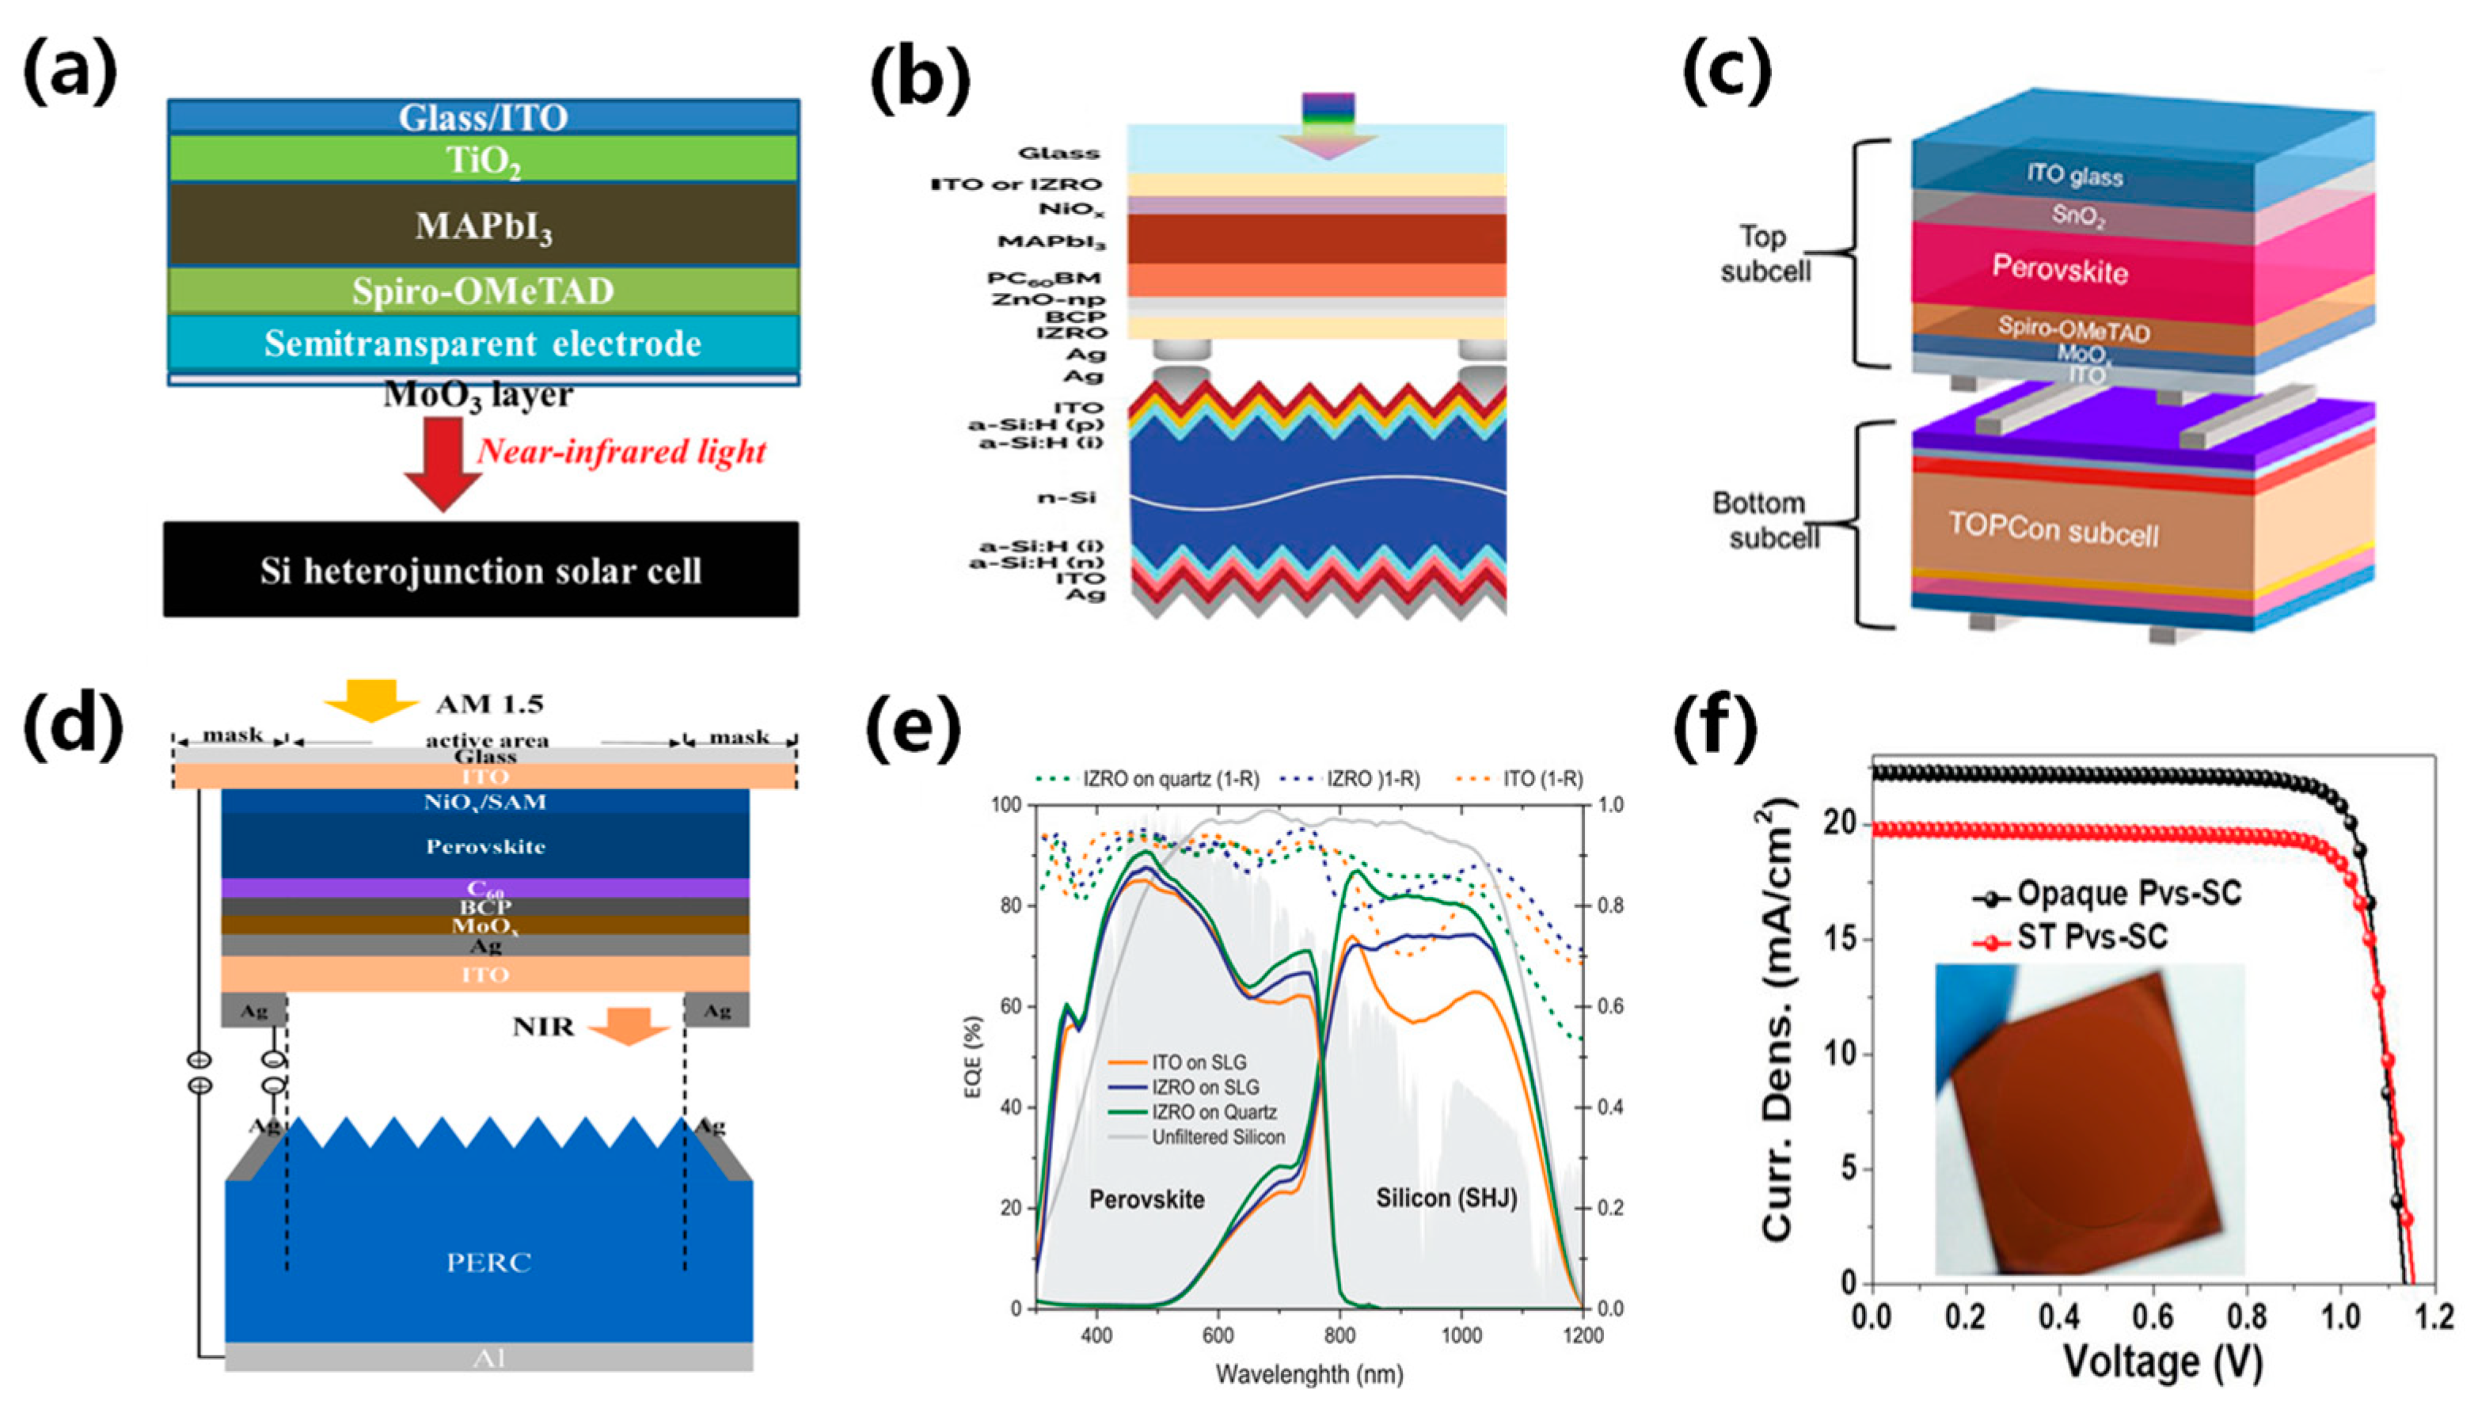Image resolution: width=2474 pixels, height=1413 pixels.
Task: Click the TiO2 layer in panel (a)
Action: pyautogui.click(x=484, y=158)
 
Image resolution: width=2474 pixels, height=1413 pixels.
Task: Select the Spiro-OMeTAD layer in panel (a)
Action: pyautogui.click(x=484, y=291)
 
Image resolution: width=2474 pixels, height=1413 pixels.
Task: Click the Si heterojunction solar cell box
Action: pyautogui.click(x=481, y=570)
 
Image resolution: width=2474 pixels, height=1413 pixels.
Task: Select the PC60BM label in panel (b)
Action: pyautogui.click(x=1044, y=279)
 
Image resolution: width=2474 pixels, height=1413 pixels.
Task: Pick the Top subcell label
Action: pyautogui.click(x=1765, y=253)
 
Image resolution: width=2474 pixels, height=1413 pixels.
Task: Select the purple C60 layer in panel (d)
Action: pyautogui.click(x=485, y=888)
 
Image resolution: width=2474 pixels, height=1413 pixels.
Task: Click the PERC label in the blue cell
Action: pyautogui.click(x=488, y=1263)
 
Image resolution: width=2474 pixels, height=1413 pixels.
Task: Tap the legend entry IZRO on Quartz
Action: pyautogui.click(x=1213, y=1112)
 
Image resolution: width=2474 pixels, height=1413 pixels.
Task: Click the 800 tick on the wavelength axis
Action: pyautogui.click(x=1340, y=1335)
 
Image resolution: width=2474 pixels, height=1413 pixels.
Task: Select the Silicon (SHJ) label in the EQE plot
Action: pyautogui.click(x=1445, y=1198)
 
